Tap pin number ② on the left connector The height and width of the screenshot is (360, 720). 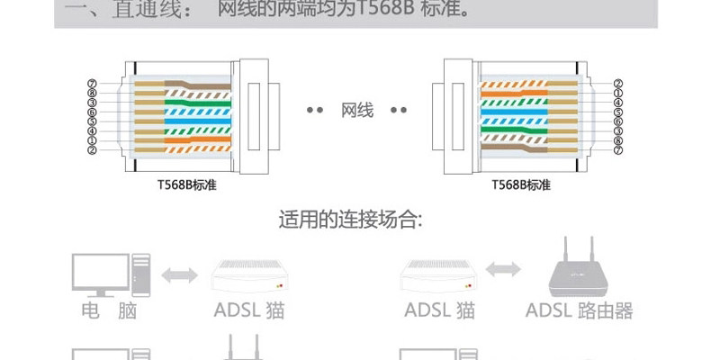pos(92,149)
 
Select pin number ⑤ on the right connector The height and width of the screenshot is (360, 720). pos(617,112)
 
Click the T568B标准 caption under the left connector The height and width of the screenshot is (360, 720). pos(186,185)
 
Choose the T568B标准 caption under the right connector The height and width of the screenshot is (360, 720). pos(522,185)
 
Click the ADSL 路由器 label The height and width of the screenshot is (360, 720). pos(579,311)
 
